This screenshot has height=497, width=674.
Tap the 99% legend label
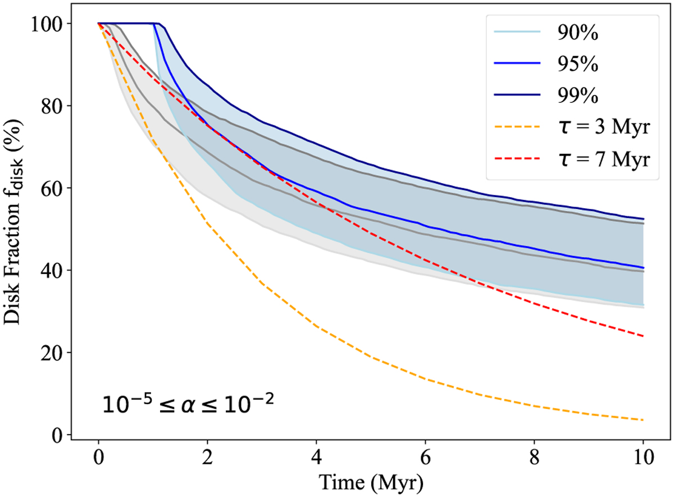(579, 97)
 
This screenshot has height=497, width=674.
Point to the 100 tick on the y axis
(48, 24)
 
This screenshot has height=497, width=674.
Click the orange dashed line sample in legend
(516, 129)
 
